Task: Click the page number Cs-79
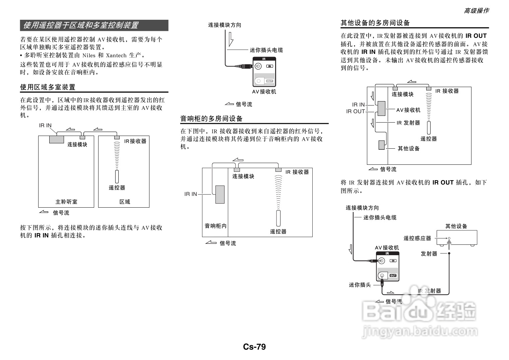[x=254, y=347]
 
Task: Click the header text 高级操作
[x=476, y=11]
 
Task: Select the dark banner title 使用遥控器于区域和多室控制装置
[x=81, y=25]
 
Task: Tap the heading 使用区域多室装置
[x=48, y=87]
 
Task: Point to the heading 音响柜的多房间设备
[x=211, y=119]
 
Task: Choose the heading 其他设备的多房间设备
[x=375, y=23]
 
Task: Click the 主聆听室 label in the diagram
[x=66, y=202]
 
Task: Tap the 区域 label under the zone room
[x=125, y=202]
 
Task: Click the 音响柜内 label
[x=215, y=226]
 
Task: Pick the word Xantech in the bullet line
[x=116, y=56]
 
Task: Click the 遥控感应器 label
[x=417, y=238]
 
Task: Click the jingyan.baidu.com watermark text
[x=420, y=331]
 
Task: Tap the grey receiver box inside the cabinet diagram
[x=220, y=195]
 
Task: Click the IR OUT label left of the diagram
[x=355, y=112]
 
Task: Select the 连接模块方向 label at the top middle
[x=224, y=25]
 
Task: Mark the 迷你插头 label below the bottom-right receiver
[x=360, y=285]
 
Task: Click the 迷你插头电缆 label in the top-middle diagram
[x=266, y=50]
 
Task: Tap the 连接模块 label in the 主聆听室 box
[x=77, y=144]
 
